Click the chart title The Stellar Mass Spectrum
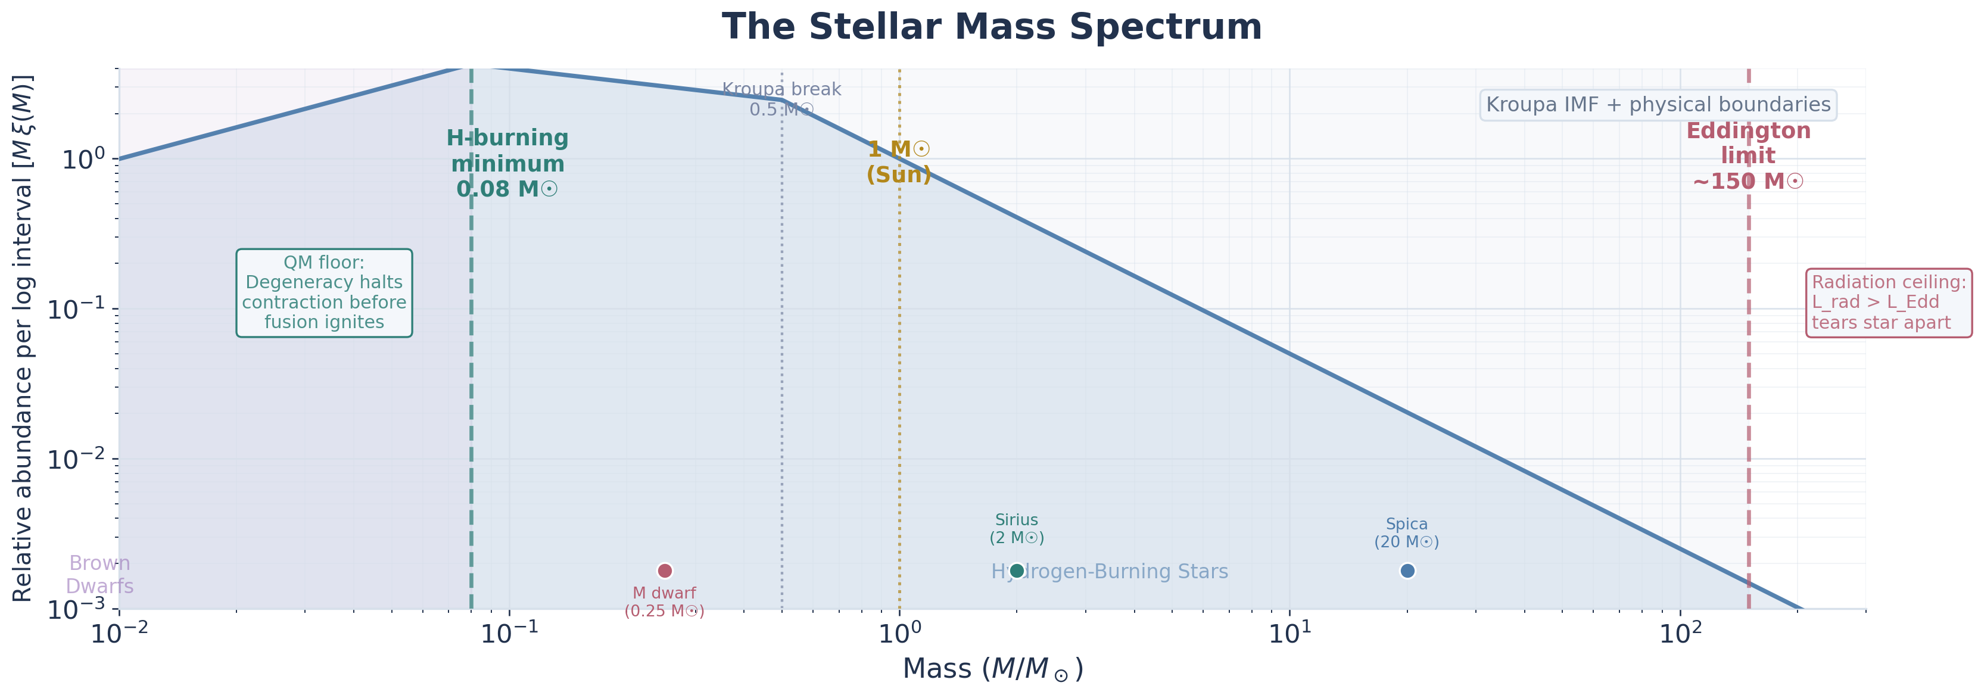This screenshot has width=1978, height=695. point(991,27)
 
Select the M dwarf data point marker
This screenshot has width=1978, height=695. point(665,571)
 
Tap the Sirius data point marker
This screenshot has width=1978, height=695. point(1017,571)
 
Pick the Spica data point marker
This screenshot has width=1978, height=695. point(1407,571)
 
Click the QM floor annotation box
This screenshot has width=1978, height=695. point(324,292)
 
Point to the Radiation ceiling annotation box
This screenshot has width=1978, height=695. point(1888,303)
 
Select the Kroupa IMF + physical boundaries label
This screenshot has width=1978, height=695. point(1658,104)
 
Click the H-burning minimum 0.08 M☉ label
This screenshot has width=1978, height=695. point(507,164)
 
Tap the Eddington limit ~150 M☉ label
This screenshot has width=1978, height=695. point(1749,156)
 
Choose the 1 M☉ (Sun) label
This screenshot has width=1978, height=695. point(899,162)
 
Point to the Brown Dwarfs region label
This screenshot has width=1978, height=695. point(99,575)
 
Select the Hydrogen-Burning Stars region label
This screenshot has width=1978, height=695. point(1110,571)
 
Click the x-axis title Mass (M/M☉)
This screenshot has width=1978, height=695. point(992,669)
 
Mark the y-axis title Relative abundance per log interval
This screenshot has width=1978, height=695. point(23,338)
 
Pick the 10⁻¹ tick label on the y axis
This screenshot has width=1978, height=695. point(77,308)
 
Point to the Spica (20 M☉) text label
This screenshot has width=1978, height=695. point(1407,533)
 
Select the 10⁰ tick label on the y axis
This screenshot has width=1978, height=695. point(83,159)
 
